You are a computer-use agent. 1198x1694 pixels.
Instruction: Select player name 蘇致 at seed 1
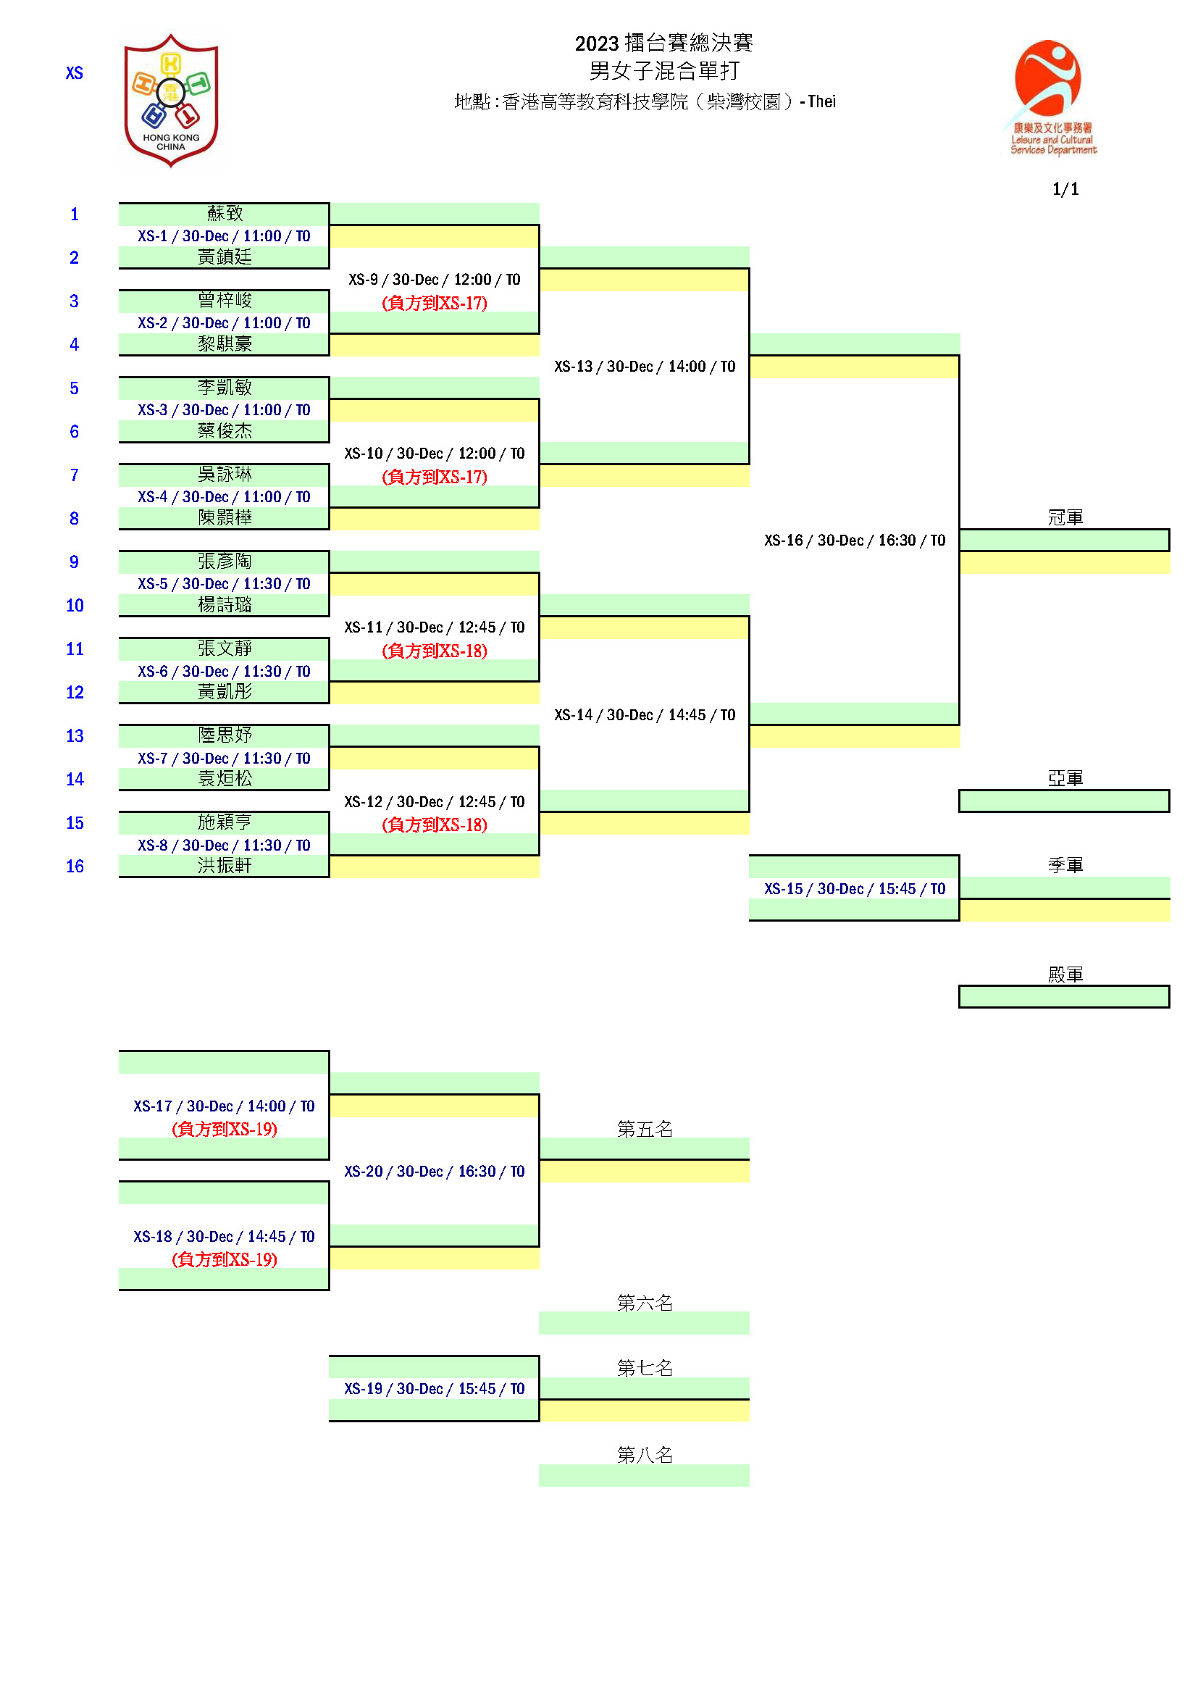click(225, 214)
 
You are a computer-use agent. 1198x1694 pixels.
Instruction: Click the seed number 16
click(75, 866)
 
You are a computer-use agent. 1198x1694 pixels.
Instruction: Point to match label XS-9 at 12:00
click(435, 280)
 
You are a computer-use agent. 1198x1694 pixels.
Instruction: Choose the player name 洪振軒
click(225, 865)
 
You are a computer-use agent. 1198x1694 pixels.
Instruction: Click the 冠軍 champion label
click(1065, 517)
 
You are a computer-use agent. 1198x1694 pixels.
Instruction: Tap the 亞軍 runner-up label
click(1065, 778)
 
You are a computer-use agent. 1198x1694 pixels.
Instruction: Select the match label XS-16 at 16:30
click(854, 540)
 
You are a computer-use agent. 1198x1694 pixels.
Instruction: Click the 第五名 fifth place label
click(645, 1129)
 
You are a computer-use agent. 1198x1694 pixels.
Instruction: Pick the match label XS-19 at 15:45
click(435, 1388)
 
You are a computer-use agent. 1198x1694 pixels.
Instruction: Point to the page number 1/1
click(1065, 189)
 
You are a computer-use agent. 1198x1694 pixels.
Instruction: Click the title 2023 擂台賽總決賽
click(664, 43)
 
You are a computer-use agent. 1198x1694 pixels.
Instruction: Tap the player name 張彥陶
click(225, 562)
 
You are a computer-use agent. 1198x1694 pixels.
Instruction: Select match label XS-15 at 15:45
click(854, 889)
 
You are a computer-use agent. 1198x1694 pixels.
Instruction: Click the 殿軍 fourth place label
click(1065, 975)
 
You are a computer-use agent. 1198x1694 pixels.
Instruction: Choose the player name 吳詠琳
click(225, 475)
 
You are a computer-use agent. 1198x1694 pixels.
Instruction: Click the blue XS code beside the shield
click(75, 73)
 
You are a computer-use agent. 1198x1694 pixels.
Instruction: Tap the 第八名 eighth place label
click(645, 1455)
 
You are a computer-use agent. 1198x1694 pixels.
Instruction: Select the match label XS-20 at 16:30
click(435, 1172)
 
